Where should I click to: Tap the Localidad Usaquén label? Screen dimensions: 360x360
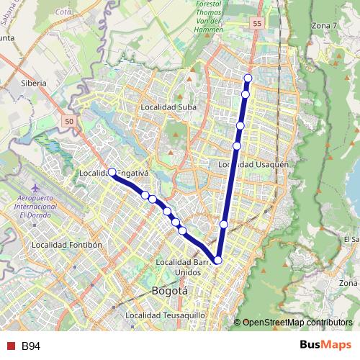tap(253, 164)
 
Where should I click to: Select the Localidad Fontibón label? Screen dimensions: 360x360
tap(67, 245)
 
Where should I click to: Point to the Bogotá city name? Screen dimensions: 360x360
tap(170, 292)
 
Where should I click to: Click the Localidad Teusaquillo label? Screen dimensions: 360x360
tap(166, 315)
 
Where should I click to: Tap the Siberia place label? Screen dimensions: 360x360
tap(34, 83)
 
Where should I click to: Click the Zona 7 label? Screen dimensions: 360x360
tap(323, 26)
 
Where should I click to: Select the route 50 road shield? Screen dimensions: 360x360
tap(69, 122)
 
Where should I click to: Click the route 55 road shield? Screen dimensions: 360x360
tap(257, 24)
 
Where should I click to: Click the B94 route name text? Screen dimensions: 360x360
tap(30, 346)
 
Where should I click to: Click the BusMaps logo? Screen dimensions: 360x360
tap(325, 346)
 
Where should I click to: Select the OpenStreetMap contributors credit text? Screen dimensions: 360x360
tap(297, 323)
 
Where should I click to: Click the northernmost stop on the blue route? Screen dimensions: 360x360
tap(248, 78)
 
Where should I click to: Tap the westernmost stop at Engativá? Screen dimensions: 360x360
tap(112, 172)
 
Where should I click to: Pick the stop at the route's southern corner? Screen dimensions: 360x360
tap(217, 261)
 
